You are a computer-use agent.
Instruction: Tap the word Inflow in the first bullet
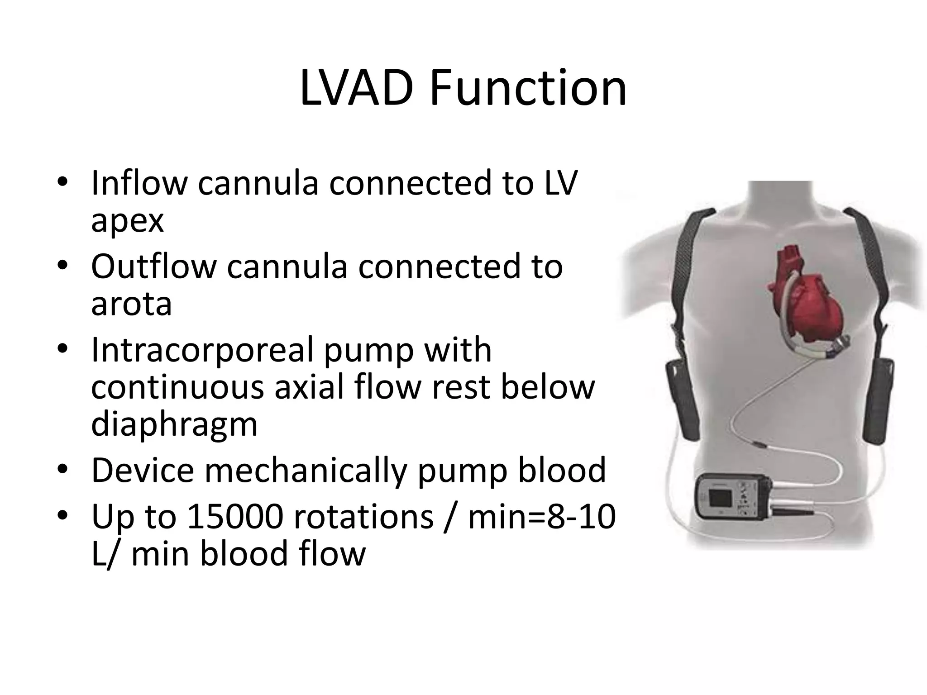point(139,183)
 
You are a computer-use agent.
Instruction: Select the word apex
point(127,221)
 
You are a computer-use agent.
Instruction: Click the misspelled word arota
point(131,304)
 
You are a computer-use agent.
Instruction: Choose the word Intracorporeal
point(201,351)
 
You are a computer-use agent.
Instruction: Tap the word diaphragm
point(174,425)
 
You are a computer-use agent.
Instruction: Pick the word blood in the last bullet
point(244,554)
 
